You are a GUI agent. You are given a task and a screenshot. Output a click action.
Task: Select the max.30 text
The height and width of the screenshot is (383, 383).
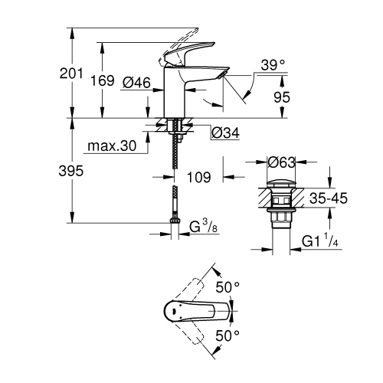coord(116,146)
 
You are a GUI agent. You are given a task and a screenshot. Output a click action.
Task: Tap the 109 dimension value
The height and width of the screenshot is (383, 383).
coord(199,177)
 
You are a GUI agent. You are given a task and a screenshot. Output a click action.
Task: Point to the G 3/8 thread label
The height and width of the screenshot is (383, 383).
coord(201,226)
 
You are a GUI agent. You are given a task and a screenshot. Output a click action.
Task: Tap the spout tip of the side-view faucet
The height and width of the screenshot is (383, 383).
coord(224,74)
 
